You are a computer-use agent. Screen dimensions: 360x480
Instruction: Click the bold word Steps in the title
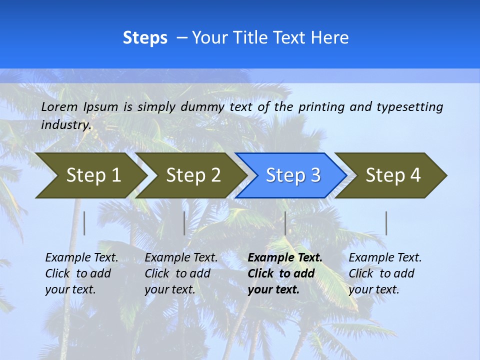(x=145, y=38)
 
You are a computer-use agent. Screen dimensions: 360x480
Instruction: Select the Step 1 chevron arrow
(x=90, y=175)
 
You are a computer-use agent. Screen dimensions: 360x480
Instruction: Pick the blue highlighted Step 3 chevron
(x=291, y=175)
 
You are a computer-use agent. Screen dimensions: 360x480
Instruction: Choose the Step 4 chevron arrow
(x=391, y=175)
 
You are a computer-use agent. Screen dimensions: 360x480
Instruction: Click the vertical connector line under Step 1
(x=84, y=223)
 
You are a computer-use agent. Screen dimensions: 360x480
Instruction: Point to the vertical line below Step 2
(x=184, y=223)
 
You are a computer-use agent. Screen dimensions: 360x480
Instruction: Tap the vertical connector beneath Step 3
(x=285, y=223)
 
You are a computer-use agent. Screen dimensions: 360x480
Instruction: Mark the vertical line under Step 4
(x=386, y=223)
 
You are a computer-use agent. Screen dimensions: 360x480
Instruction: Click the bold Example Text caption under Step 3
(x=285, y=273)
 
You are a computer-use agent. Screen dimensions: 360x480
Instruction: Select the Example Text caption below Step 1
(x=81, y=273)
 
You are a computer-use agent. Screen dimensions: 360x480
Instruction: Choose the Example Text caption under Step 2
(x=181, y=273)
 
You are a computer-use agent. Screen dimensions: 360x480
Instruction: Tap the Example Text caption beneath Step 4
(x=385, y=273)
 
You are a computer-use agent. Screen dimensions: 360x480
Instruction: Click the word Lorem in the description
(x=59, y=106)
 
